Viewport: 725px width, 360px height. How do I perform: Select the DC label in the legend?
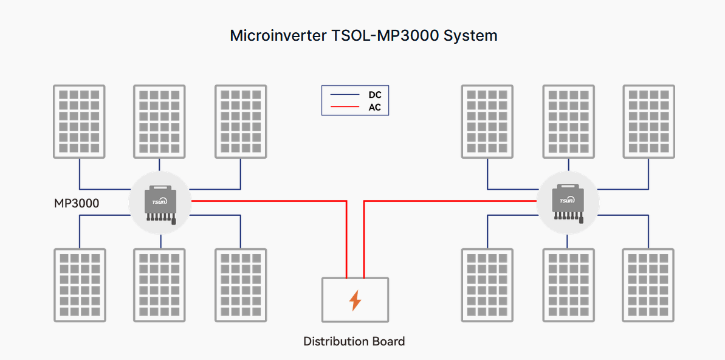pyautogui.click(x=375, y=95)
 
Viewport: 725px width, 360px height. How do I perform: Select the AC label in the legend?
pyautogui.click(x=375, y=108)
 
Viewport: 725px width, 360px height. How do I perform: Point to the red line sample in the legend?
pyautogui.click(x=345, y=108)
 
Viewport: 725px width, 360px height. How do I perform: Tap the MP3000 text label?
pyautogui.click(x=77, y=203)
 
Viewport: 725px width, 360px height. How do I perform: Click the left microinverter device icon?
pyautogui.click(x=160, y=203)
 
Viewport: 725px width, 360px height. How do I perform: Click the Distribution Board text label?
pyautogui.click(x=354, y=341)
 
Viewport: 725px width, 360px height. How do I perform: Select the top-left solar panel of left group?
pyautogui.click(x=79, y=122)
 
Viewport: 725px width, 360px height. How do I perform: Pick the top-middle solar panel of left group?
pyautogui.click(x=159, y=122)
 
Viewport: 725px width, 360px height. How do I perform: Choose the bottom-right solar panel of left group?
pyautogui.click(x=241, y=285)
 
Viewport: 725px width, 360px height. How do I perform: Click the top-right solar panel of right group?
pyautogui.click(x=649, y=122)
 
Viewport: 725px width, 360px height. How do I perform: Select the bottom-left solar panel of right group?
pyautogui.click(x=487, y=285)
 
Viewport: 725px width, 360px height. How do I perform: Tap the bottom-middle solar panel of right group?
pyautogui.click(x=568, y=285)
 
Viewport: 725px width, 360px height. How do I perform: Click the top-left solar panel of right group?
pyautogui.click(x=487, y=122)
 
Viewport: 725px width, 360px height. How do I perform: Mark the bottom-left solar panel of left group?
pyautogui.click(x=79, y=285)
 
